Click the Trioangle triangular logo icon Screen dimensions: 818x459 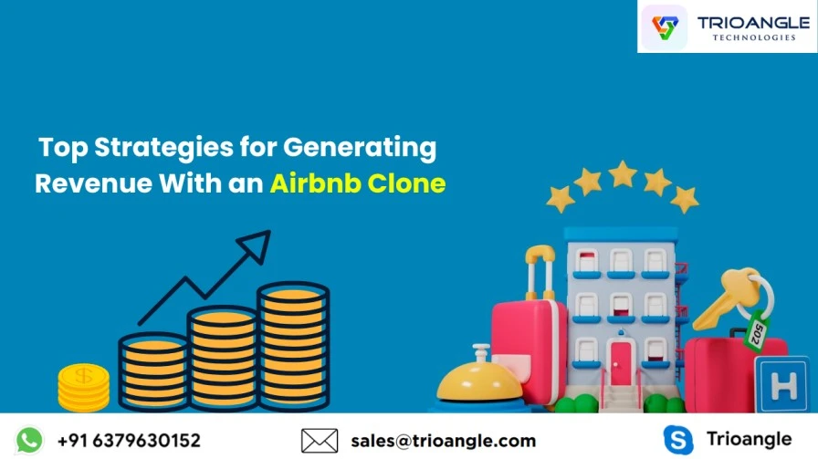pos(665,27)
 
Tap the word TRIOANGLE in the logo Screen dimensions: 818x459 pos(753,23)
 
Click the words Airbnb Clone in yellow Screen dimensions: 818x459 pos(358,183)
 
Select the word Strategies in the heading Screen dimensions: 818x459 pos(163,148)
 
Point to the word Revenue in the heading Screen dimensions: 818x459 pos(94,183)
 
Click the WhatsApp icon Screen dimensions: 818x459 pos(29,440)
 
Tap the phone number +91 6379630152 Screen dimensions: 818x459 pos(129,441)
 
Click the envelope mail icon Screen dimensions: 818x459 pos(320,441)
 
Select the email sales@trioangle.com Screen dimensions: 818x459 pos(444,441)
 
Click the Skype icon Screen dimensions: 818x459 pos(678,440)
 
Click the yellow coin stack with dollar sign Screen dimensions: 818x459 pos(83,387)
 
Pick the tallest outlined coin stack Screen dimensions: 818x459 pos(293,347)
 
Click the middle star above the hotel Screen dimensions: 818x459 pos(623,173)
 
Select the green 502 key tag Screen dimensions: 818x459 pos(757,332)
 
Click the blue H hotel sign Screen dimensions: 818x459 pos(782,385)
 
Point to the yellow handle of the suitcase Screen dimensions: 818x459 pos(540,271)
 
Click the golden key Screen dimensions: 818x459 pos(729,297)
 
